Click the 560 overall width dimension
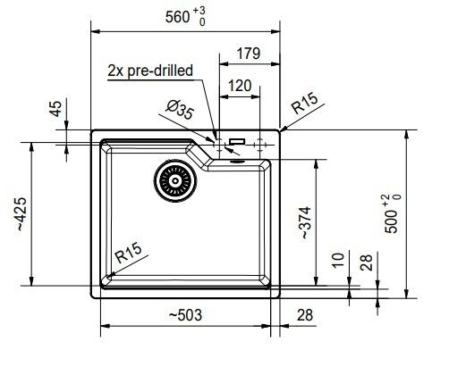tap(178, 17)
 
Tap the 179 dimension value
tap(249, 54)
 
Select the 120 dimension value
tap(240, 86)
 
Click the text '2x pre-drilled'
tap(150, 71)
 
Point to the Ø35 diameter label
tap(180, 110)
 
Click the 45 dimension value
tap(55, 109)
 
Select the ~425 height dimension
tap(22, 214)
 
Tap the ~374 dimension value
tap(306, 222)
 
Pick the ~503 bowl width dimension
tap(185, 315)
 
